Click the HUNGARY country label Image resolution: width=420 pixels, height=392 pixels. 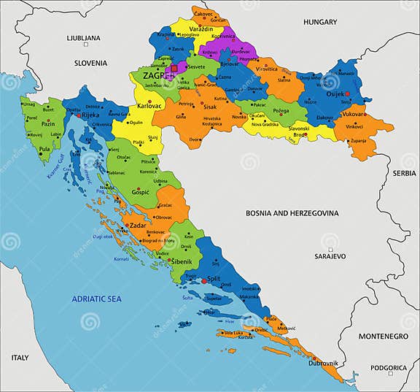point(320,22)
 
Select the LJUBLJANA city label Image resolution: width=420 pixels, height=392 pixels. point(83,37)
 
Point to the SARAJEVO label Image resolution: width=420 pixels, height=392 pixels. point(330,257)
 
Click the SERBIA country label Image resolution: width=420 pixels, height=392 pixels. point(404,173)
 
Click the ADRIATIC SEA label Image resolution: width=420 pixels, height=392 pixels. point(97,299)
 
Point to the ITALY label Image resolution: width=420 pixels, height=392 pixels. point(20,358)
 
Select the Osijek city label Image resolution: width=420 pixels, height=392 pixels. point(335,94)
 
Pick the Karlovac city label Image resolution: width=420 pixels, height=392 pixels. point(149,106)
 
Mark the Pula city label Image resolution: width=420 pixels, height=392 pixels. point(45,150)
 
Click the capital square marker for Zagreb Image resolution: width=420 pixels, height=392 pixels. point(174,69)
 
